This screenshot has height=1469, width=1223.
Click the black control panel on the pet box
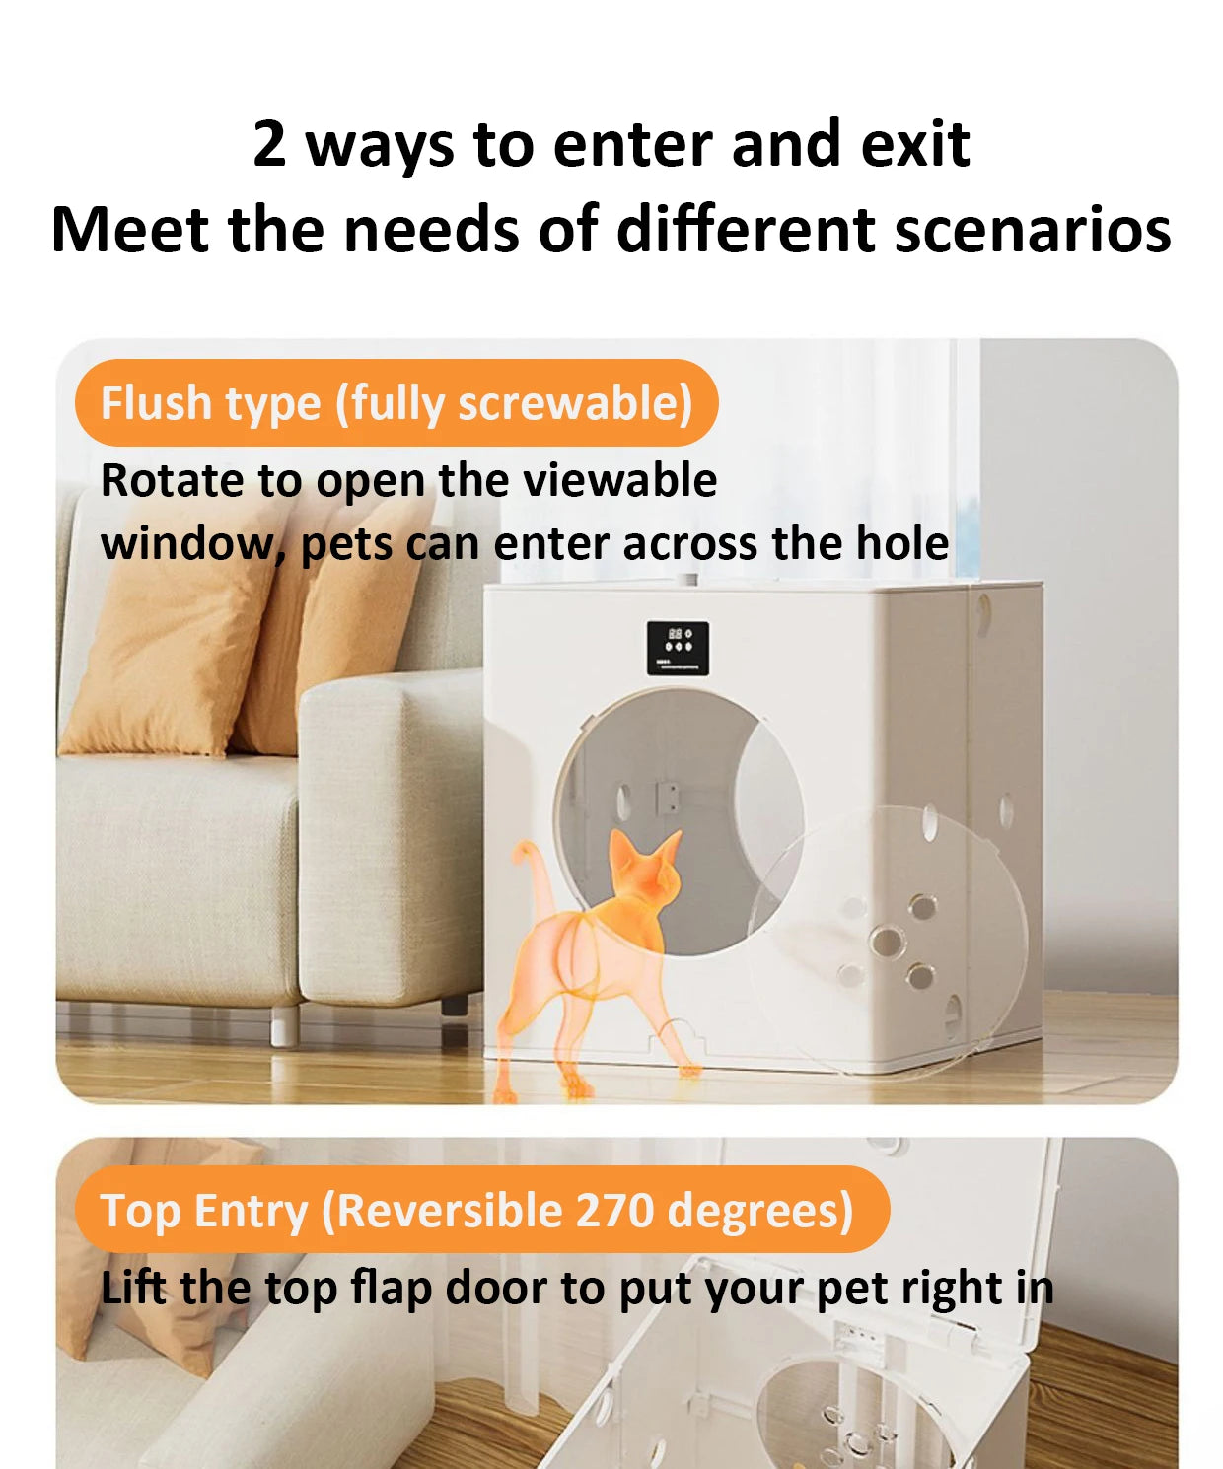(x=677, y=648)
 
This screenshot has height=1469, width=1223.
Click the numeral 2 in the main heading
(x=269, y=144)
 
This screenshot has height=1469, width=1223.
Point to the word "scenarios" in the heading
(x=1033, y=230)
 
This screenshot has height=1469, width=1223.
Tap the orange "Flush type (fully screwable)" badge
(x=396, y=402)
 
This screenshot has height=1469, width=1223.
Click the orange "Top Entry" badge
(x=482, y=1210)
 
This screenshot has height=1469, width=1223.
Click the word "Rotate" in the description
(x=174, y=480)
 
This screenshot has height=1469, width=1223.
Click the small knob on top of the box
(x=691, y=580)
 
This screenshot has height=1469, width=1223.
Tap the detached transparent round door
(x=888, y=939)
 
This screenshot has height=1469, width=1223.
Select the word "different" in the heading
(x=749, y=230)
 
